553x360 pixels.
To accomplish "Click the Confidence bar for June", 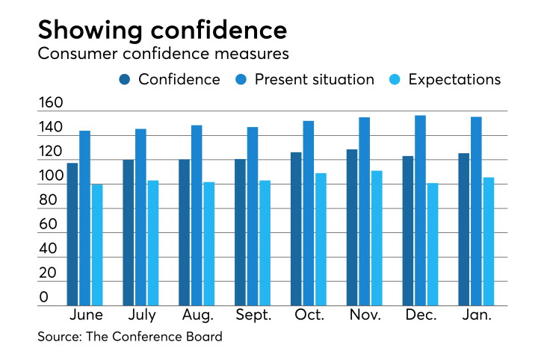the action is pos(72,234).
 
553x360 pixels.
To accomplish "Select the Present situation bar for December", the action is pos(420,211).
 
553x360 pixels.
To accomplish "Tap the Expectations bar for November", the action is pos(377,238).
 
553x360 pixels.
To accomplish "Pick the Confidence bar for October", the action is pos(296,229).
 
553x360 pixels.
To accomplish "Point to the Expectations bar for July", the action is pos(153,243).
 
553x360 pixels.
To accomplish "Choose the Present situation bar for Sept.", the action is pos(253,216).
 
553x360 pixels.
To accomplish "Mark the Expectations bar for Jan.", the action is pos(489,241).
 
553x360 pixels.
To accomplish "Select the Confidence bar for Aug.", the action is pos(184,232).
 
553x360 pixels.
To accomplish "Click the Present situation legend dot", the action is pos(241,80).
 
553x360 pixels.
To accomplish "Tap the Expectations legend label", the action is pos(454,80).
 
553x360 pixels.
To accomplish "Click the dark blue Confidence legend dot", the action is pos(125,80).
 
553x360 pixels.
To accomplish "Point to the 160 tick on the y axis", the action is pos(51,102).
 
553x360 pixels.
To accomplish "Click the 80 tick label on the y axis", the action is pos(48,200).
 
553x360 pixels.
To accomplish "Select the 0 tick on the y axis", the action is pos(44,297).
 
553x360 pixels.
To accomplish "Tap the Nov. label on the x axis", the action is pos(365,314).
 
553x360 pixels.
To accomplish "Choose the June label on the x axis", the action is pos(86,314).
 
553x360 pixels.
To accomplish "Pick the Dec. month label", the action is pos(421,314).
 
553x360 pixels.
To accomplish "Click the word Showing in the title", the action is pos(90,31).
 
